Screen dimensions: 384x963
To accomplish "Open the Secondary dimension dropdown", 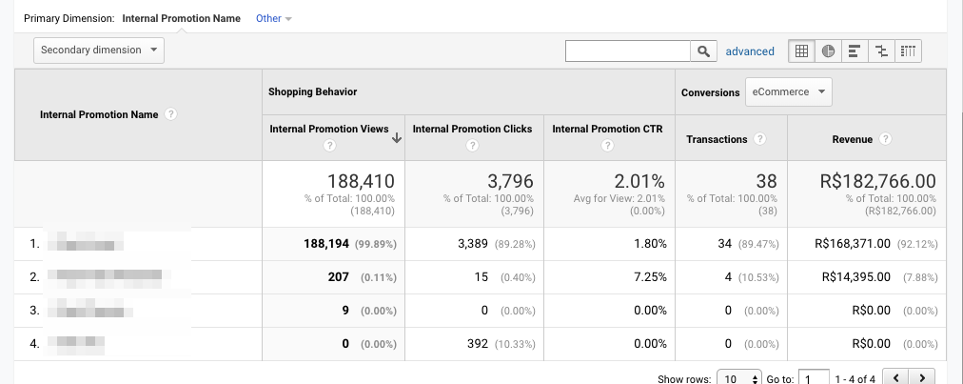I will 99,51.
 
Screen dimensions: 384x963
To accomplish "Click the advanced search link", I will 750,51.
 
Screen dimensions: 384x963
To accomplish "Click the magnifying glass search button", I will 704,51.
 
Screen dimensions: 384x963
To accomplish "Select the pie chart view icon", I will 828,51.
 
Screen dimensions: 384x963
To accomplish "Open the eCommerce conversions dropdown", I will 788,92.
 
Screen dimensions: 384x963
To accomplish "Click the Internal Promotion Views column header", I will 328,129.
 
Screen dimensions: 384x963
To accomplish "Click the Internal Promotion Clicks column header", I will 472,129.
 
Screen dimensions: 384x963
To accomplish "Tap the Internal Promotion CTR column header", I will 607,129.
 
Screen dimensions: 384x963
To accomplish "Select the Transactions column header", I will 717,139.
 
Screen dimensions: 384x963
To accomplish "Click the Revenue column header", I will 852,139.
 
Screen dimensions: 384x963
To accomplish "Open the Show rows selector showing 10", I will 739,378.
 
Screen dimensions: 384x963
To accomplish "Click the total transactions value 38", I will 766,181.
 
